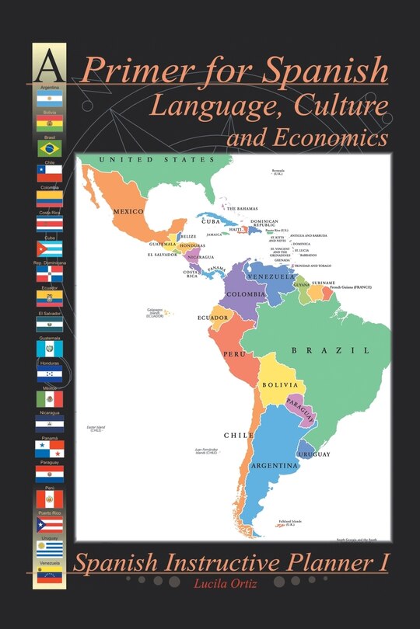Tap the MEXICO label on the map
[x=129, y=211]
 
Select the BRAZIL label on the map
[x=330, y=351]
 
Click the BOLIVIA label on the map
[x=279, y=384]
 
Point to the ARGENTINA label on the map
[x=275, y=466]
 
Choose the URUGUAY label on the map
[x=313, y=454]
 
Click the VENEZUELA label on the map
[x=271, y=276]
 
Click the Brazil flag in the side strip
[x=49, y=148]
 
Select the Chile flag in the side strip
[x=49, y=173]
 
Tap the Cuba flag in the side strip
[x=49, y=248]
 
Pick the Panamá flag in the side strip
[x=49, y=449]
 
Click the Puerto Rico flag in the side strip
[x=49, y=524]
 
